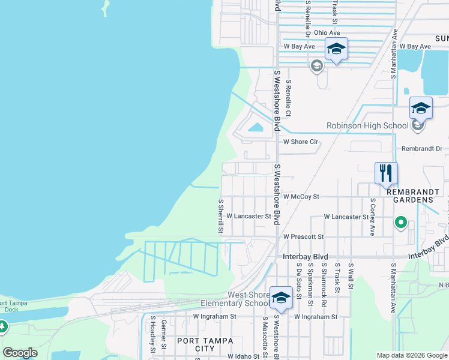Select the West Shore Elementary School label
click(249, 299)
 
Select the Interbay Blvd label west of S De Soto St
click(305, 256)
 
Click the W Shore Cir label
click(300, 142)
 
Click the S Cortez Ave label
click(372, 216)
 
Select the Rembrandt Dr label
click(421, 148)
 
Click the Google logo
click(20, 353)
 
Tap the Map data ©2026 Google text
click(411, 355)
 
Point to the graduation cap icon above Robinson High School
click(421, 109)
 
